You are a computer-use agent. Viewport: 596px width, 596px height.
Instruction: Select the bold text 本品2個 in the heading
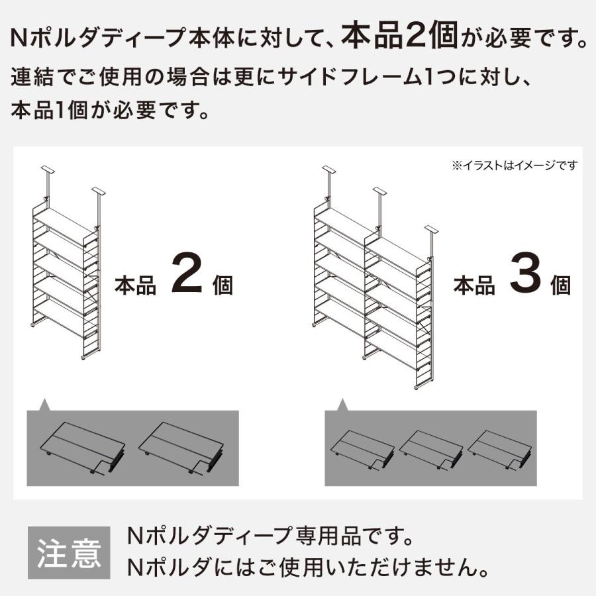coord(400,38)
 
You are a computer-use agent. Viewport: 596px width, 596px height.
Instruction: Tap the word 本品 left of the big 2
coord(136,285)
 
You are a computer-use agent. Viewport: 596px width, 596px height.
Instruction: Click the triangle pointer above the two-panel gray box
coord(44,404)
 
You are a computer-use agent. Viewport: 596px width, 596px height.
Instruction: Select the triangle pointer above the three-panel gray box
coord(342,404)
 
